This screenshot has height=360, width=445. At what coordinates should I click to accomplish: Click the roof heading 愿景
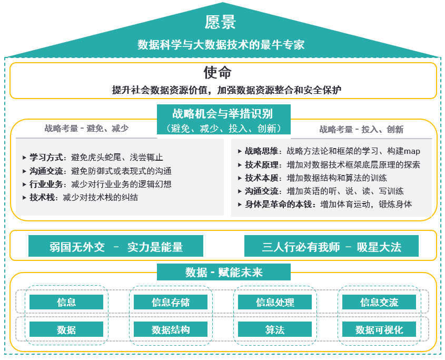click(220, 22)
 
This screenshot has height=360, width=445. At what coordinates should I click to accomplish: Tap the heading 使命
click(217, 72)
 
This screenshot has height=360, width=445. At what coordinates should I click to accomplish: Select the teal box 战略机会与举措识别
click(224, 119)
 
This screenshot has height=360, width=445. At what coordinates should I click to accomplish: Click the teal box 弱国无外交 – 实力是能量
click(116, 246)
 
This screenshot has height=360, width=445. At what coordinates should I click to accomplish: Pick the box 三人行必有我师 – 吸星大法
click(331, 246)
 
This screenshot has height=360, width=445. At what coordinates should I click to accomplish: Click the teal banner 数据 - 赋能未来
click(224, 272)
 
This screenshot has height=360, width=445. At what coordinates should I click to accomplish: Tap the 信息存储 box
click(171, 301)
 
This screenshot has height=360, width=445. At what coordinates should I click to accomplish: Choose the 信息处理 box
click(275, 301)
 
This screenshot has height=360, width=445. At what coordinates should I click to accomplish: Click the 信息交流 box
click(379, 301)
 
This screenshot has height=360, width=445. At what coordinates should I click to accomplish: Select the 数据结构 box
click(171, 329)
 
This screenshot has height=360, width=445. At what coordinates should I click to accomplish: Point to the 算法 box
click(275, 329)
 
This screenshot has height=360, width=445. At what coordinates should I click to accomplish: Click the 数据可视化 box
click(379, 329)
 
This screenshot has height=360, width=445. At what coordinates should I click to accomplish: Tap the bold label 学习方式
click(46, 158)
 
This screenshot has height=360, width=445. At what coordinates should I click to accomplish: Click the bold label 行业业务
click(46, 184)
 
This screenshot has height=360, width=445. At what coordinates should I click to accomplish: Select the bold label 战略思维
click(262, 151)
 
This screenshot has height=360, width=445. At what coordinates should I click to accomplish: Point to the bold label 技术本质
click(262, 178)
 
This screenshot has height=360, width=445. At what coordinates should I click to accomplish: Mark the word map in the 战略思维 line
click(412, 152)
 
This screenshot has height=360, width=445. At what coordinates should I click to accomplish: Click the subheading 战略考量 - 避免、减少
click(86, 129)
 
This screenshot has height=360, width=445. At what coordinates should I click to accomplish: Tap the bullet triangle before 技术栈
click(24, 198)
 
